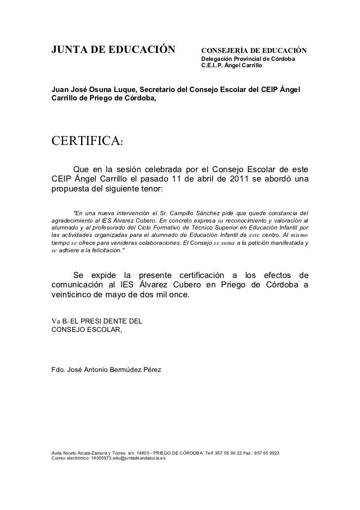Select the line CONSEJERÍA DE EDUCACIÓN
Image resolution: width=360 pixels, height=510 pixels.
[x=254, y=51]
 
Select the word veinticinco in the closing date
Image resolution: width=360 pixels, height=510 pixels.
[x=74, y=295]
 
